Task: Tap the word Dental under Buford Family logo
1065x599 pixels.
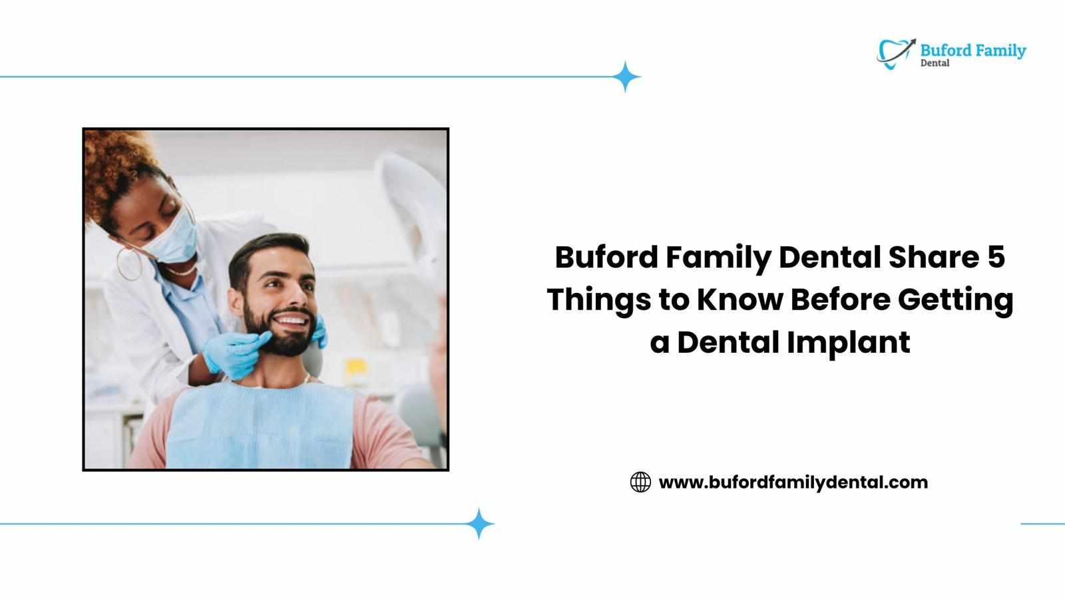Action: click(x=935, y=63)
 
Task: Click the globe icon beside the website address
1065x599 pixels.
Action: click(x=640, y=482)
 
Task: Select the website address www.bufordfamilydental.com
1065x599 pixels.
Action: click(x=793, y=483)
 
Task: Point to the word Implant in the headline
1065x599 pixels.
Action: click(x=848, y=343)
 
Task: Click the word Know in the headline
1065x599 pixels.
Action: click(x=740, y=300)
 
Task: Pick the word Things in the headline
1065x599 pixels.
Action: click(x=599, y=300)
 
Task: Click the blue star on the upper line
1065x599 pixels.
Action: click(x=625, y=77)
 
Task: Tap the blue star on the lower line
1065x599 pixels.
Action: click(x=479, y=524)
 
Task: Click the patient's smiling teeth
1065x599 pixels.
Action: click(x=291, y=320)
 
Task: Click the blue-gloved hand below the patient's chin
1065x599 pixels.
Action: click(x=236, y=354)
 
